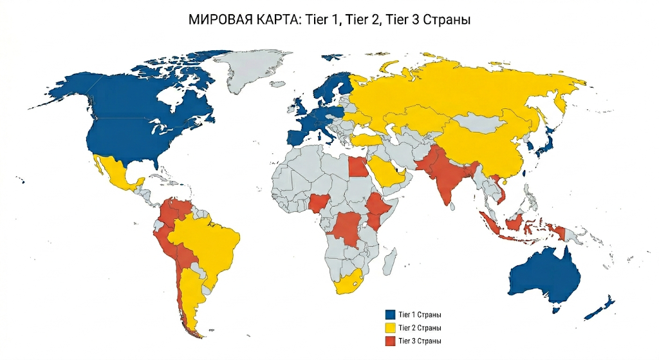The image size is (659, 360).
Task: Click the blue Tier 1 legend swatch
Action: [389, 315]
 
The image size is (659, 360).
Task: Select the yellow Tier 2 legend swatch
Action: [389, 328]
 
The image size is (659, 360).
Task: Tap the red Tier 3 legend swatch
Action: [389, 341]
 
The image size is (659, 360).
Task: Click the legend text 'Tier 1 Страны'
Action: [420, 315]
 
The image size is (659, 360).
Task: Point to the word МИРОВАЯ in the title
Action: [220, 20]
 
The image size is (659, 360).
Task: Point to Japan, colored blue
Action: [548, 142]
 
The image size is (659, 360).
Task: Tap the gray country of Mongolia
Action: [479, 121]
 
